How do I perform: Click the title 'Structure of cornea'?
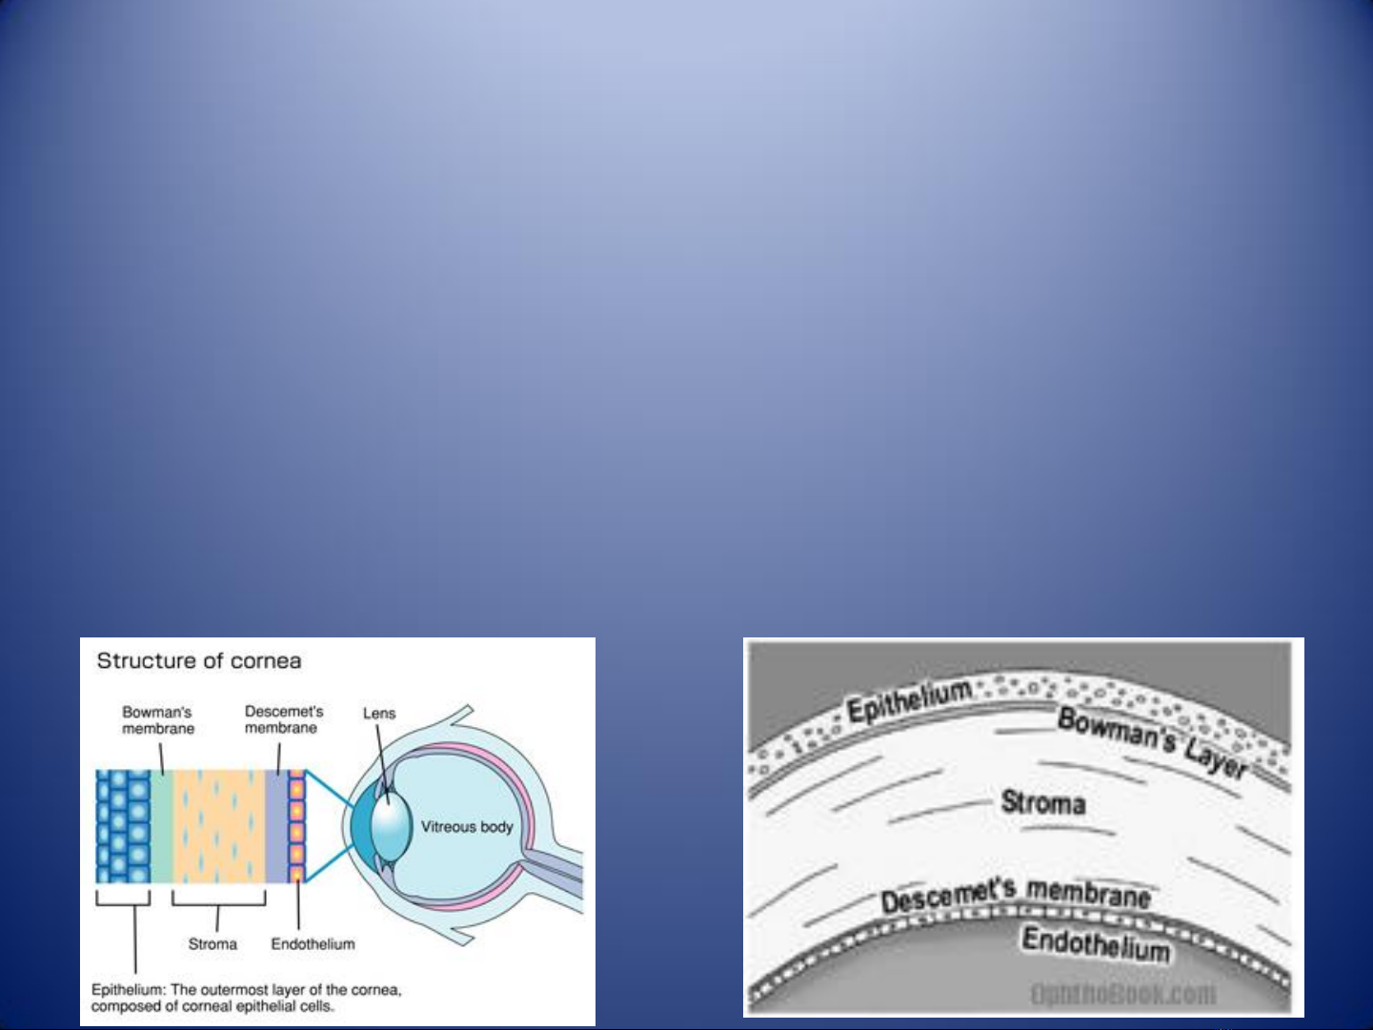pyautogui.click(x=199, y=661)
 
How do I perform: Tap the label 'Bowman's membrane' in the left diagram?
pyautogui.click(x=158, y=720)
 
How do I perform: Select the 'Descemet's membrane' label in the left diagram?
pyautogui.click(x=283, y=719)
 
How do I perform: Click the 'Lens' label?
pyautogui.click(x=379, y=714)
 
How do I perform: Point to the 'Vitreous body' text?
pyautogui.click(x=467, y=827)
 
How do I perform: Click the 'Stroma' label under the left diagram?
pyautogui.click(x=212, y=943)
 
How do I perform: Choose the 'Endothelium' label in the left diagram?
pyautogui.click(x=313, y=943)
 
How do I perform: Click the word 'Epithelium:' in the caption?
pyautogui.click(x=129, y=990)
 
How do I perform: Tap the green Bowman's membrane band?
pyautogui.click(x=162, y=826)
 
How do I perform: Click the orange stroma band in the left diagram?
pyautogui.click(x=219, y=826)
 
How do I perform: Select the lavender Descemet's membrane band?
pyautogui.click(x=276, y=826)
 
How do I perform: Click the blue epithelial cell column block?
pyautogui.click(x=123, y=826)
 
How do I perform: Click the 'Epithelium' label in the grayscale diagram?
pyautogui.click(x=910, y=702)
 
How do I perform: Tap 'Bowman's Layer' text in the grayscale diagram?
pyautogui.click(x=1152, y=743)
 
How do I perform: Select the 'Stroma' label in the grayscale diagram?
pyautogui.click(x=1042, y=802)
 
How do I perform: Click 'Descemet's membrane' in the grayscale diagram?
pyautogui.click(x=1016, y=896)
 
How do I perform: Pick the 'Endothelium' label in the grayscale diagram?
pyautogui.click(x=1096, y=944)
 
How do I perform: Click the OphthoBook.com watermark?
pyautogui.click(x=1122, y=993)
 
